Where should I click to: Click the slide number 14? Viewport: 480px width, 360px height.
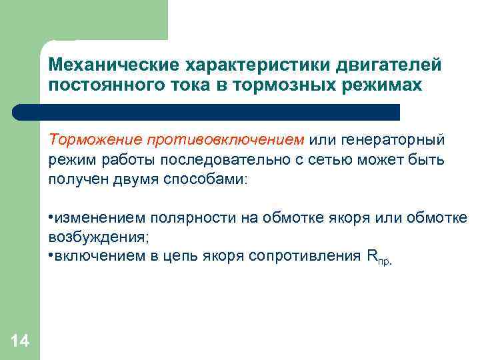pos(20,341)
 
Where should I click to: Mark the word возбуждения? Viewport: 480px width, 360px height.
pos(89,237)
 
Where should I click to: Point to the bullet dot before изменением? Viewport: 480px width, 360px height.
pos(51,219)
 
